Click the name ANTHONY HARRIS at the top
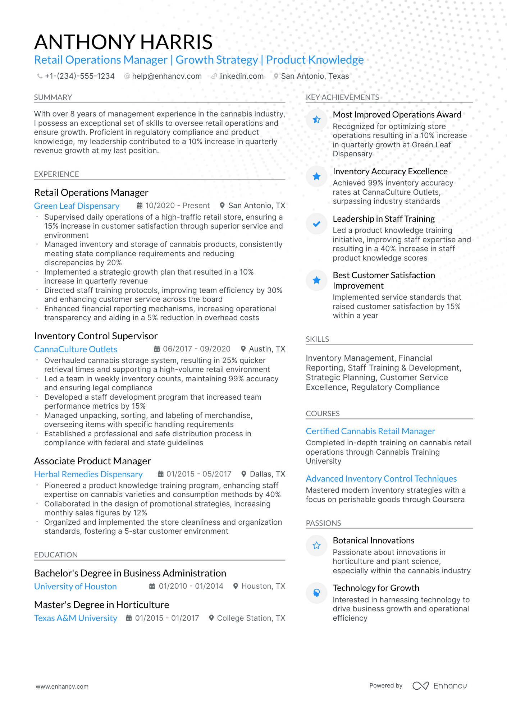point(123,42)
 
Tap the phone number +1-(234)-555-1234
point(79,76)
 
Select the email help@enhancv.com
point(166,76)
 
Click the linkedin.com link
point(241,76)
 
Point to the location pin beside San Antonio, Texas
point(276,76)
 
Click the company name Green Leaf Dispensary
point(77,206)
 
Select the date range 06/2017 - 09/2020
point(196,349)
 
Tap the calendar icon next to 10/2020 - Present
point(140,206)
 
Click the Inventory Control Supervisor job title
point(96,336)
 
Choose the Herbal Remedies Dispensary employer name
point(88,474)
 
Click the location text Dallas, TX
point(267,474)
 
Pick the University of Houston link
point(75,587)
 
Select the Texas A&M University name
point(76,618)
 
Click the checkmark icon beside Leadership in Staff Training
point(316,224)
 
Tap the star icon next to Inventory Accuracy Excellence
point(316,176)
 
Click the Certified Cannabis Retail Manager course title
point(370,431)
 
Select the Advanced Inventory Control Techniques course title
point(381,479)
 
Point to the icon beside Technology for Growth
point(316,593)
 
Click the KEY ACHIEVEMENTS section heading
point(342,97)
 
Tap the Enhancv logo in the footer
point(439,686)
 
